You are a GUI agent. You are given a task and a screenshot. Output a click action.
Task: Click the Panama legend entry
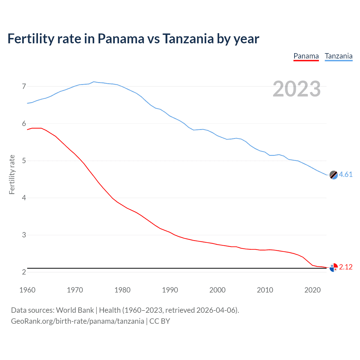click(306, 56)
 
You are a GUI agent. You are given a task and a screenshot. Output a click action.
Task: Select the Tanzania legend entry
click(339, 56)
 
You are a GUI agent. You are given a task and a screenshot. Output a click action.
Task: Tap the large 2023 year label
click(297, 89)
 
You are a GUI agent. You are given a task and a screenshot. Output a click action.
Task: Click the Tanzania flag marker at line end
click(333, 175)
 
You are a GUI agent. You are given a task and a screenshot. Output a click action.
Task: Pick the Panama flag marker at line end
click(333, 267)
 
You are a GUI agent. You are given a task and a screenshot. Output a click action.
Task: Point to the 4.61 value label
click(346, 175)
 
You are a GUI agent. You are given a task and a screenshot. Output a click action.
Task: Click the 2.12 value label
click(346, 267)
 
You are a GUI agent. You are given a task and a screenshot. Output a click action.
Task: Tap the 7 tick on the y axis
click(24, 86)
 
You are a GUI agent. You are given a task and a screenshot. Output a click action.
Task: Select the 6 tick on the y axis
click(24, 124)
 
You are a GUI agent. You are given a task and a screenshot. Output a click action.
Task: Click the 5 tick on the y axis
click(24, 161)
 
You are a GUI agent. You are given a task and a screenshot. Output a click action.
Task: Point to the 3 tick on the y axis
click(24, 235)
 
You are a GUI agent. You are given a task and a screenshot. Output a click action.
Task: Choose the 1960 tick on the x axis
click(27, 290)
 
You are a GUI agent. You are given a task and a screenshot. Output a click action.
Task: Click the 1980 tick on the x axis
click(122, 290)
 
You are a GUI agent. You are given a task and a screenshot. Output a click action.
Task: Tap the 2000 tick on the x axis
click(217, 290)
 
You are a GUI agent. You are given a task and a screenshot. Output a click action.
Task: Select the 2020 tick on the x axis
click(312, 290)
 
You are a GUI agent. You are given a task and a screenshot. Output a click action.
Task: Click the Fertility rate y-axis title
click(12, 174)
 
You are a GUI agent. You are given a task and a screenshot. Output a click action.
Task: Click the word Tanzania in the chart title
click(188, 39)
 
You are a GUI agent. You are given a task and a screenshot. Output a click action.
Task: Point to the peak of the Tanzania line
click(94, 82)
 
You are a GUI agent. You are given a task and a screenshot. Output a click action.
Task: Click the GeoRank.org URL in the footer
click(77, 321)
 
